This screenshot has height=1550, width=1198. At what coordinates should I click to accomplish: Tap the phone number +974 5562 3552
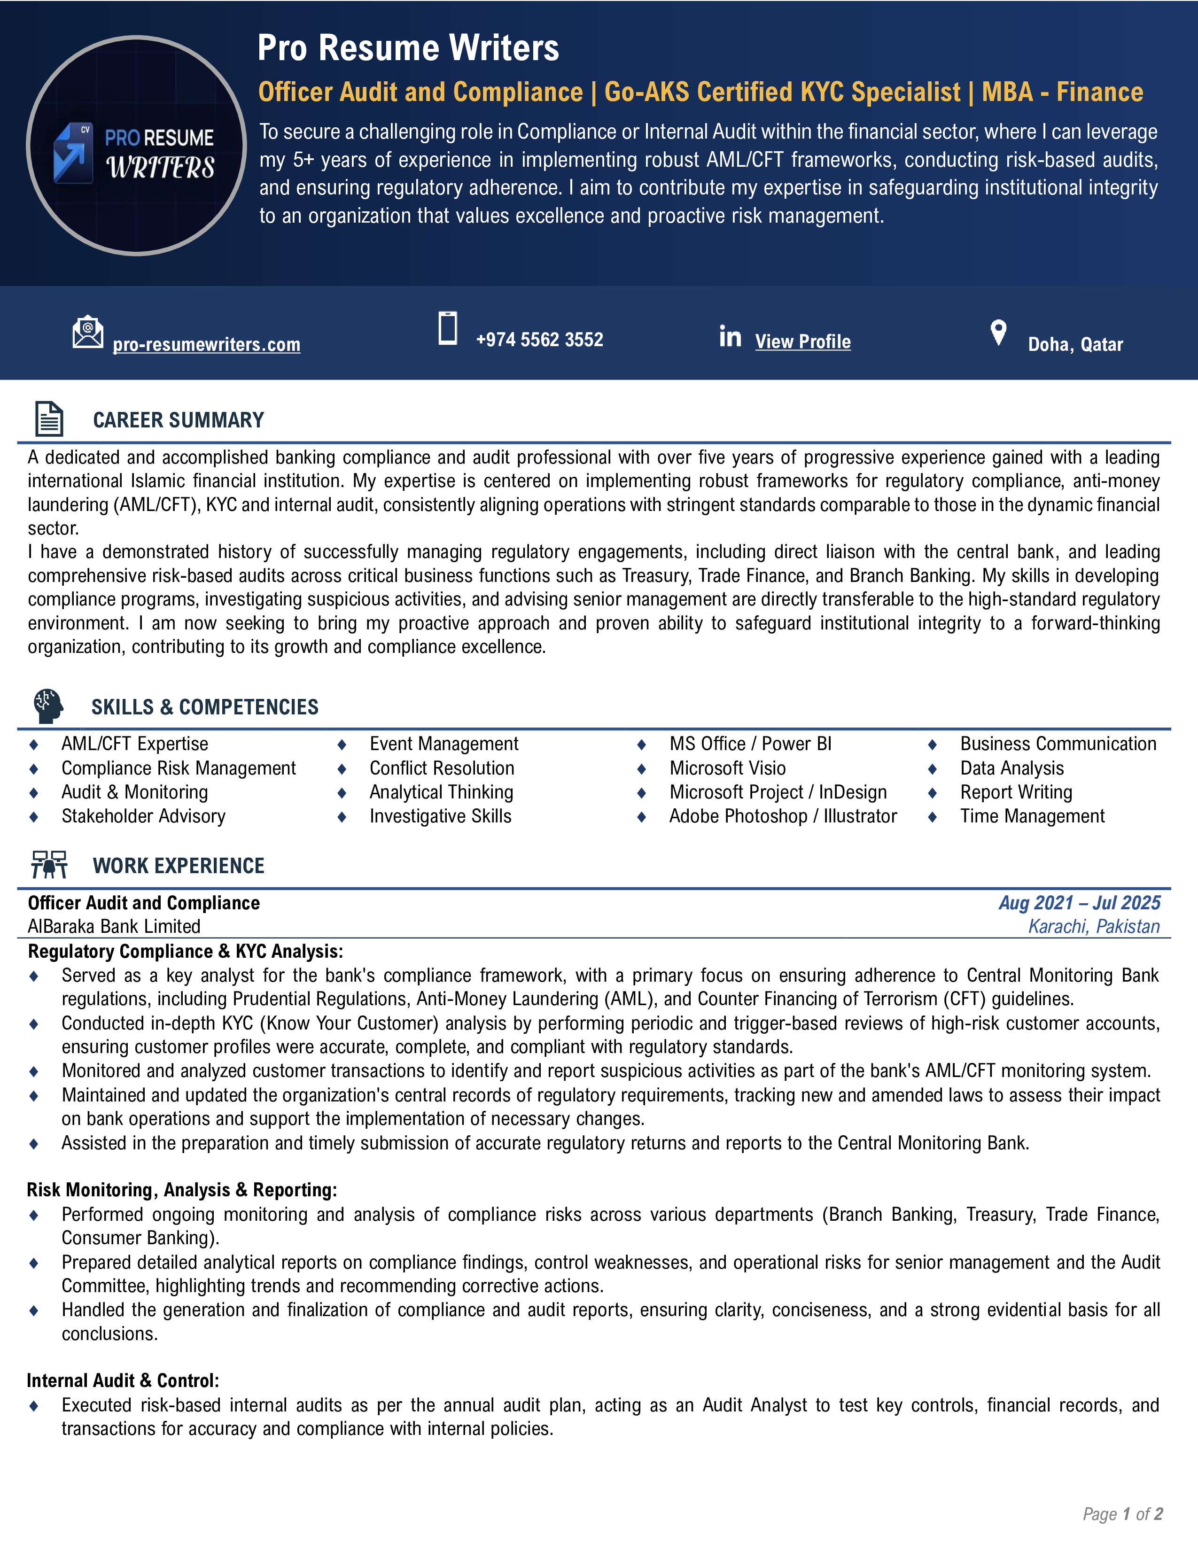coord(539,340)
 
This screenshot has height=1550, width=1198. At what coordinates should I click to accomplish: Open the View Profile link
coord(803,341)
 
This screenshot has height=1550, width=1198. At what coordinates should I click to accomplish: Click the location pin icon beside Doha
coord(998,332)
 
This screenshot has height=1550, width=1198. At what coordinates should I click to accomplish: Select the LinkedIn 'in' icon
coord(730,336)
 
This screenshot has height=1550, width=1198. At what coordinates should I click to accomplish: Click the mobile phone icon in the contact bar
coord(448,329)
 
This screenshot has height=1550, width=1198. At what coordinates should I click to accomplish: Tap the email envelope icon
coord(87,332)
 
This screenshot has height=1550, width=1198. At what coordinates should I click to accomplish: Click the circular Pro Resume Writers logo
coord(136,146)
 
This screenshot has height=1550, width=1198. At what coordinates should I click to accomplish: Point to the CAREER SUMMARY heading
coord(178,420)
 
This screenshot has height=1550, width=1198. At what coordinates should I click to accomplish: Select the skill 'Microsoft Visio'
coord(727,768)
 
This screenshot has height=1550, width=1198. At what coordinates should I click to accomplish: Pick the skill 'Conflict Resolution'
coord(442,768)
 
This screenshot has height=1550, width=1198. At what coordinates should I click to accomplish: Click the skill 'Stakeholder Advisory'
coord(143,816)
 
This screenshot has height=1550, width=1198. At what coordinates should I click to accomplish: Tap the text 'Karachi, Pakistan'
coord(1094,926)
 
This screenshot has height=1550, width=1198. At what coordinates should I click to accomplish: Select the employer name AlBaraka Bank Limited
coord(114,926)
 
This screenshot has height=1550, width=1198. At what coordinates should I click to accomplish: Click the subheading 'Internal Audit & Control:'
coord(123,1380)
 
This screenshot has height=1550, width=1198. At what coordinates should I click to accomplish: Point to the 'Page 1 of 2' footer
coord(1122,1514)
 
